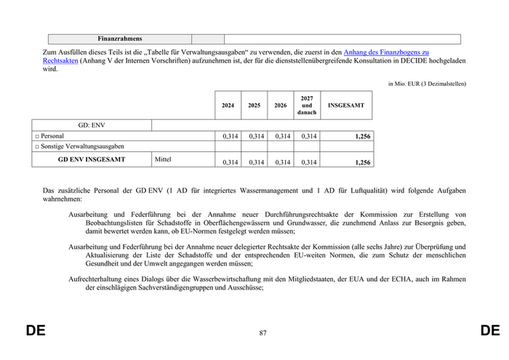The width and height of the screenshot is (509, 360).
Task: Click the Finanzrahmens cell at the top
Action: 120,39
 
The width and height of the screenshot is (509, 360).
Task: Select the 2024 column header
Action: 228,105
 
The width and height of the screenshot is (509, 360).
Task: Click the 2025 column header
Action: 254,105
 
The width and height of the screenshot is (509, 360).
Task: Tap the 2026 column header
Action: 281,105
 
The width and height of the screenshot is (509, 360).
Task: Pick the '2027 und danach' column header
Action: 307,105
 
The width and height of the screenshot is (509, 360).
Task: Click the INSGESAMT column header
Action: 346,105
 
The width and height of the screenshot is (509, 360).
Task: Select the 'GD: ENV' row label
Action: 92,125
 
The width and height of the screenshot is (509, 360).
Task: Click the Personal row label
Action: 52,136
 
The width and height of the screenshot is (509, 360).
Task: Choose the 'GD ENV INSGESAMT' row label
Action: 92,159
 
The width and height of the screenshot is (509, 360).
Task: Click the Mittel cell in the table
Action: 163,158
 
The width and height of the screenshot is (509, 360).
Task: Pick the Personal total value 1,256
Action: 362,136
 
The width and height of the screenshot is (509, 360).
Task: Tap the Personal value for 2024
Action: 230,136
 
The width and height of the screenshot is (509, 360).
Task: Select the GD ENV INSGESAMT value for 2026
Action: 282,162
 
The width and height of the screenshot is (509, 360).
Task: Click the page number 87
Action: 262,333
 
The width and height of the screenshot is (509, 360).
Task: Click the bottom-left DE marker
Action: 36,331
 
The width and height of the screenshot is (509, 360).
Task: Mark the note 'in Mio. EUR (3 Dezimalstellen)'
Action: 427,84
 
